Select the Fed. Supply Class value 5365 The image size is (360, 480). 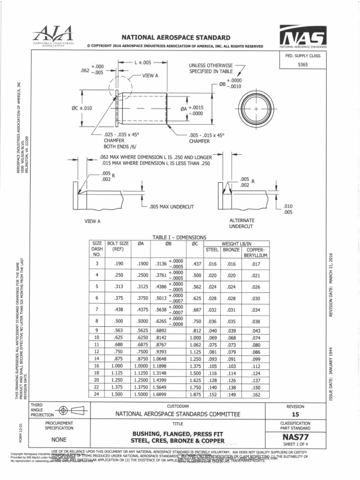click(302, 65)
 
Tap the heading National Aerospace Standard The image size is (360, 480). click(169, 37)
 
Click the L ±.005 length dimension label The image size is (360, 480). click(143, 62)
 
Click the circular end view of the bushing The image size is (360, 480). click(256, 109)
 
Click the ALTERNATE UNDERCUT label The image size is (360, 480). click(241, 223)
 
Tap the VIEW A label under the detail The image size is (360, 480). click(92, 221)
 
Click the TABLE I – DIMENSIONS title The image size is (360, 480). click(180, 238)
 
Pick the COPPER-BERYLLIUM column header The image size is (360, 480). click(255, 252)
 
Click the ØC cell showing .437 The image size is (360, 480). click(196, 264)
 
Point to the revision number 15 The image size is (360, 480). click(295, 415)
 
